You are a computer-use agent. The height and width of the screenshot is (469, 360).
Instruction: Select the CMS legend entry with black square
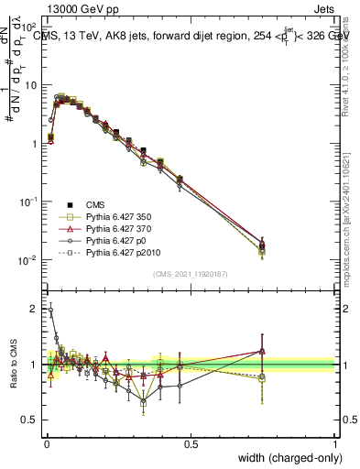tap(96, 204)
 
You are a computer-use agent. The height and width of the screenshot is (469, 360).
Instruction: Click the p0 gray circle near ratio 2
tap(50, 311)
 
